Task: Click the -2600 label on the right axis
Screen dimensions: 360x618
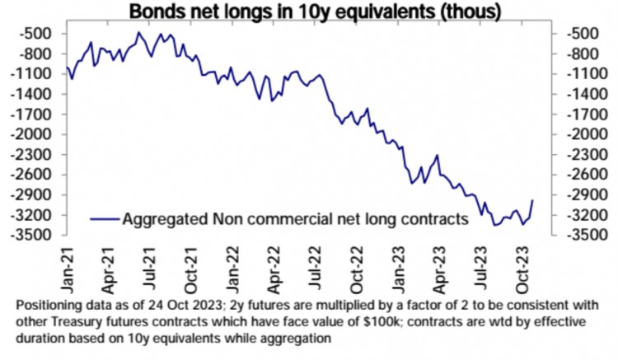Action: point(584,175)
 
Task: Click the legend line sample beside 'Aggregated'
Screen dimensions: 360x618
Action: point(104,219)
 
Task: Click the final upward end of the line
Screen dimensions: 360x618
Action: point(532,200)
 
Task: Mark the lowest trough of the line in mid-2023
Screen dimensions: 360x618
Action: point(494,225)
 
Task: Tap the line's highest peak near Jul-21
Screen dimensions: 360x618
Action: point(139,33)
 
